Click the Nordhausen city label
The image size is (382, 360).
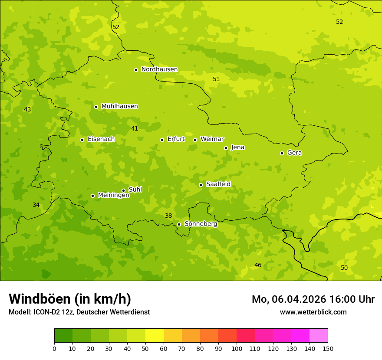pos(159,69)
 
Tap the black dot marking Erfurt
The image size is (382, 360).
pos(162,140)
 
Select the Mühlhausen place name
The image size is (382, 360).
pos(119,106)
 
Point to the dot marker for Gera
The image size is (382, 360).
pos(282,153)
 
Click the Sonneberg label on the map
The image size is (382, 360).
pos(201,224)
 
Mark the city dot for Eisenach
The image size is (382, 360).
pos(82,140)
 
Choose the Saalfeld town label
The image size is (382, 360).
pos(218,184)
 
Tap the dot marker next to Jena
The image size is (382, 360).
pos(226,148)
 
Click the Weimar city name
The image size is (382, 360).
pos(212,139)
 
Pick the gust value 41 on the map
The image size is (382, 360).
pos(135,129)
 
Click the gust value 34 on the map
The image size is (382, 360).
pos(36,205)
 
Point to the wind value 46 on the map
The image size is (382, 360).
pos(258,265)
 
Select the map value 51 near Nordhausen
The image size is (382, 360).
pos(216,79)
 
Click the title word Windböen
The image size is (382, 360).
pos(40,299)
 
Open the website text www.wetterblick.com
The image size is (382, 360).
pos(313,312)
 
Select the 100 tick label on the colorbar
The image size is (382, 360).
pos(237,348)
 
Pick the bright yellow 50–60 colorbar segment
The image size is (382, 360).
pos(155,336)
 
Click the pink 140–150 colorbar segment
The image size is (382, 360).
pos(319,336)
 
